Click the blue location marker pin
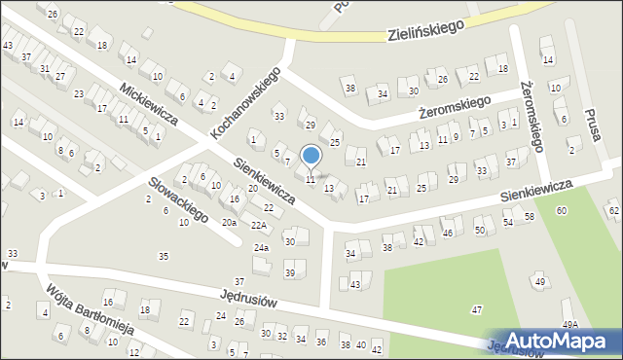[311, 156]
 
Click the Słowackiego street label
[178, 199]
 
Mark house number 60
[562, 211]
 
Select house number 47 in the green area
[476, 309]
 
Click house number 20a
[229, 223]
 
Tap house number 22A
[258, 225]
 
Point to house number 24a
[261, 248]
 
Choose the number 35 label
[164, 256]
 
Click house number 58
[530, 216]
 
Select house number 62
[613, 210]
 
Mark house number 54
[507, 223]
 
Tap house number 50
[479, 230]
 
